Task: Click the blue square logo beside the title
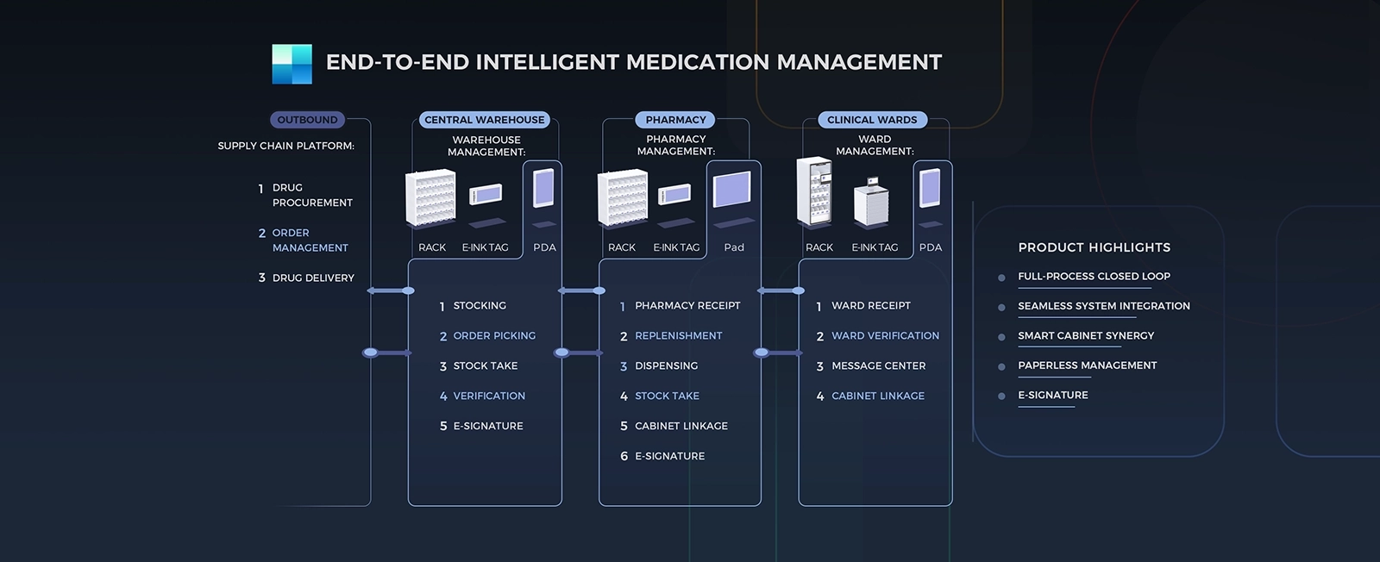292,64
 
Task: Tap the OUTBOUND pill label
307,120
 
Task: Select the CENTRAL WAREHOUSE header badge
484,120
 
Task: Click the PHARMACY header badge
675,120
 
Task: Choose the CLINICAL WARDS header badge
872,120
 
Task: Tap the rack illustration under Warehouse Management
430,197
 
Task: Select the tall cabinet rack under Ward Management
814,190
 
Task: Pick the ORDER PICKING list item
494,336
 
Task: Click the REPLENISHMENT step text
678,336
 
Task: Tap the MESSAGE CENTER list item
879,366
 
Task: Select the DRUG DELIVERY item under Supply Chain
313,278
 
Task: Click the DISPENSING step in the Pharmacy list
666,366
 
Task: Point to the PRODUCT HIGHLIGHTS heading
1095,247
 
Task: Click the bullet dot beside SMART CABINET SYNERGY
1001,337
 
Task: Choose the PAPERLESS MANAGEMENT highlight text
1088,365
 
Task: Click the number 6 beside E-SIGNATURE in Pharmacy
624,457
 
